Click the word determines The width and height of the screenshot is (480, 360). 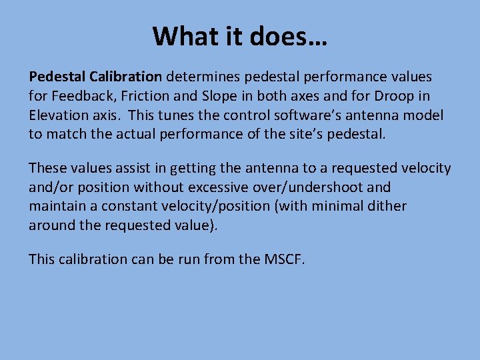pos(202,77)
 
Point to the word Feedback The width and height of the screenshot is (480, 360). pos(79,97)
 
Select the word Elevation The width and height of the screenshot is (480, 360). pos(58,115)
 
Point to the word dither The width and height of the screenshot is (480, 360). pos(385,206)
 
